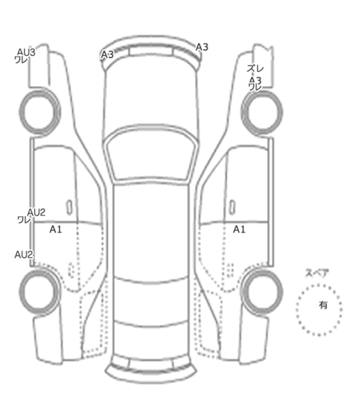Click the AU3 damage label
pos(26,52)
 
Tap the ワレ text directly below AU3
pos(21,60)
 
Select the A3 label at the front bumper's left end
pos(107,55)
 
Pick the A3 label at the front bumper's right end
pos(202,47)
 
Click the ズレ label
pos(255,69)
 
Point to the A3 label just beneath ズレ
pos(256,80)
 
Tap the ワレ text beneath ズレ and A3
pos(255,87)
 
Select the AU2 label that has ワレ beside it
pos(36,212)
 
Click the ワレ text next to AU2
pos(24,220)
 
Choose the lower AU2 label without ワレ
pos(24,254)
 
